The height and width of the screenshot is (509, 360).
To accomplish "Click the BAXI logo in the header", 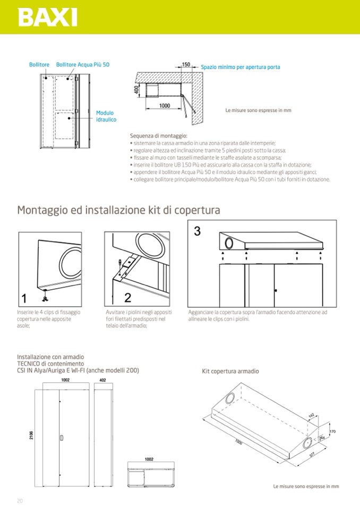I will tap(47, 17).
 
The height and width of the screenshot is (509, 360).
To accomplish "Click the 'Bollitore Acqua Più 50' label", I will tap(83, 65).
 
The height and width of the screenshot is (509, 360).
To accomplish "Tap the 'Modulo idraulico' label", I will tap(105, 116).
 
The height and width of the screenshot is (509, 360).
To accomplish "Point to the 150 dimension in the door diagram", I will tap(186, 65).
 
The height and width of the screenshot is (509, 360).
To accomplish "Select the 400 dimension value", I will tap(136, 90).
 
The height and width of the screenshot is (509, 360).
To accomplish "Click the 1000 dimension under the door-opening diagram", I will tap(165, 106).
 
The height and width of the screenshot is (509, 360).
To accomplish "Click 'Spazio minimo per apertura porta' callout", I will tap(241, 67).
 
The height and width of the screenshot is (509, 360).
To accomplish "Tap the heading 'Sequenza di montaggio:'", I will tap(158, 136).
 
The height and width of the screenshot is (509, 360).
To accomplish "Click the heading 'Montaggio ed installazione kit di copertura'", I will tap(118, 210).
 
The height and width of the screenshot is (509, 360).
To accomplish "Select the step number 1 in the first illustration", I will tap(24, 297).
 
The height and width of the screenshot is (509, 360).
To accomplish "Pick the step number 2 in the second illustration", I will tap(127, 297).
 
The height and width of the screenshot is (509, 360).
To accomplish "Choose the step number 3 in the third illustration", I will tap(197, 231).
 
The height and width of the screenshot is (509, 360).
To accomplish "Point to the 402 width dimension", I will tap(102, 380).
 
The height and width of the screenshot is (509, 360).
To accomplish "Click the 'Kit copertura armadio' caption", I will tap(230, 372).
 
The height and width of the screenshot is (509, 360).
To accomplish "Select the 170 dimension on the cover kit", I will tap(333, 432).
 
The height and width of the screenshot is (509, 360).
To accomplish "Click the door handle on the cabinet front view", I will tap(62, 438).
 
